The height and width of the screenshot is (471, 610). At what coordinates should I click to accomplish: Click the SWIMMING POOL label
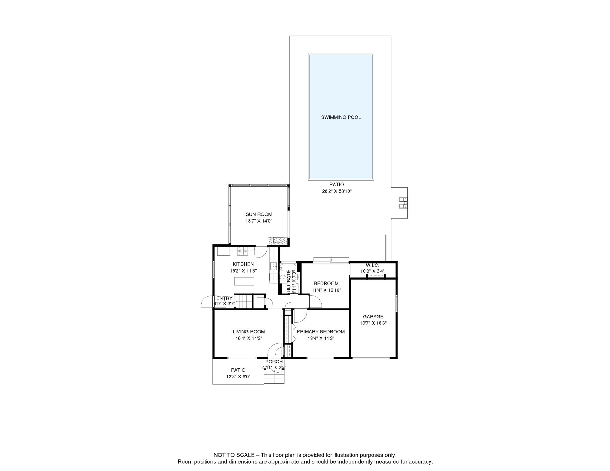tap(341, 117)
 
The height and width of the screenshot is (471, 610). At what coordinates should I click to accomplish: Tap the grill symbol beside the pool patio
tap(403, 203)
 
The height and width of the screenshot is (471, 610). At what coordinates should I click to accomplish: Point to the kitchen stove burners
tap(242, 251)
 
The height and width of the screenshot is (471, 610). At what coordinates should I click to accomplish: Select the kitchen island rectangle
tap(244, 281)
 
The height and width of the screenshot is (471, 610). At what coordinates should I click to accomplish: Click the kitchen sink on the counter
tap(273, 266)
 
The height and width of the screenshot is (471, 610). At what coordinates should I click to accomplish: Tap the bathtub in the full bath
tap(288, 267)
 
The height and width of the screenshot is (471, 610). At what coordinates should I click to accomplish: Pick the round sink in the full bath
tap(283, 278)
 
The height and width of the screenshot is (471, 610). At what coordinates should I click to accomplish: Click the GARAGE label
tap(373, 317)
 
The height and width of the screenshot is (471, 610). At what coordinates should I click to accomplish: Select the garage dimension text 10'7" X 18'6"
tap(373, 323)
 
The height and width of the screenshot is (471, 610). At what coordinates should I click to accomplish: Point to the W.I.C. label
tap(373, 266)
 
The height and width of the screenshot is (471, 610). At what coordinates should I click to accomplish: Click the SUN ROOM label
tap(259, 214)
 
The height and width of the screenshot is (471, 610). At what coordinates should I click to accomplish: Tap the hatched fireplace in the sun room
tap(278, 241)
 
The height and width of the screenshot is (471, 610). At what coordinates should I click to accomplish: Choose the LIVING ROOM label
tap(249, 332)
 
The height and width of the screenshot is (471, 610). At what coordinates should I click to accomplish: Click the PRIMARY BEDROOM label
tap(321, 332)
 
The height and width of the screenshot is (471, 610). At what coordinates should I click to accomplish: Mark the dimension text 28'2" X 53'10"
tap(337, 191)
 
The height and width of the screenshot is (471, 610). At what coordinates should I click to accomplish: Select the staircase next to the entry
tap(244, 302)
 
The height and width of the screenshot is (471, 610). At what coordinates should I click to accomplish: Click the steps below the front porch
tap(274, 377)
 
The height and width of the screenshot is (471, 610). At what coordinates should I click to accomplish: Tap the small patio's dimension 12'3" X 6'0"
tap(238, 377)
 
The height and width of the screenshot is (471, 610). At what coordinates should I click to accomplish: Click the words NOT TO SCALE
tap(234, 455)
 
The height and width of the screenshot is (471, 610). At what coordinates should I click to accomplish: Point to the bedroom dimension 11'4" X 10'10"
tap(326, 290)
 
